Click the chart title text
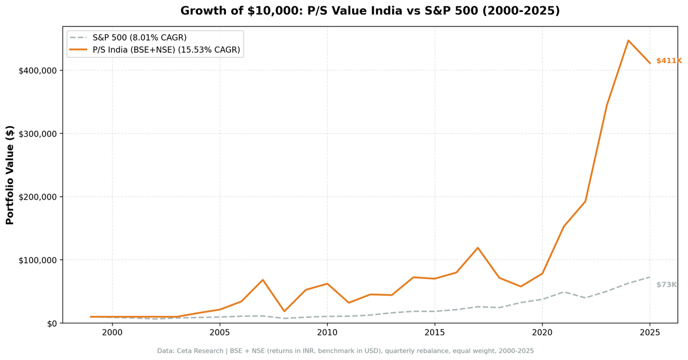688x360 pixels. [370, 11]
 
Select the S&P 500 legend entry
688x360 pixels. [139, 38]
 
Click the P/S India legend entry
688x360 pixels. [166, 50]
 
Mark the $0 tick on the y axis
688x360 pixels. [51, 323]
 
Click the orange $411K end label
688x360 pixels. [669, 61]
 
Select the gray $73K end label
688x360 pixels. [666, 285]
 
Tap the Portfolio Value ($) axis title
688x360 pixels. [10, 175]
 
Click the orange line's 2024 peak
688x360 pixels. [628, 41]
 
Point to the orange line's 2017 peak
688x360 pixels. [478, 248]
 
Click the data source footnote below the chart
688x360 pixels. [345, 351]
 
